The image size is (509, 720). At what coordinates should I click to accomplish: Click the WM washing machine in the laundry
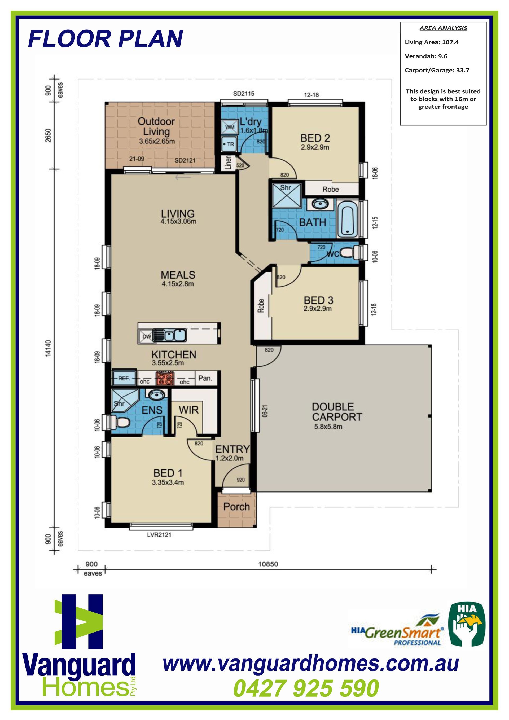230,127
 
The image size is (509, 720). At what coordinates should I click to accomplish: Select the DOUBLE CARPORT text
337,412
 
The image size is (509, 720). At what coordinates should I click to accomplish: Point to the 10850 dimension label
268,564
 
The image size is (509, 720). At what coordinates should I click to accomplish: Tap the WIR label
189,410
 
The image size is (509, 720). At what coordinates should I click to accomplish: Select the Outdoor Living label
156,126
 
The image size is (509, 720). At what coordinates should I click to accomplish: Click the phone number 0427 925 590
306,688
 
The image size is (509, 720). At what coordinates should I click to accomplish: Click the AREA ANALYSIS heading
443,28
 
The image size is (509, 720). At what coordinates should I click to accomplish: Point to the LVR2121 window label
159,535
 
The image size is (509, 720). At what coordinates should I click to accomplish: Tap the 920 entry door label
240,480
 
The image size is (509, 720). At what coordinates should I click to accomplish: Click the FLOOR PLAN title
105,39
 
